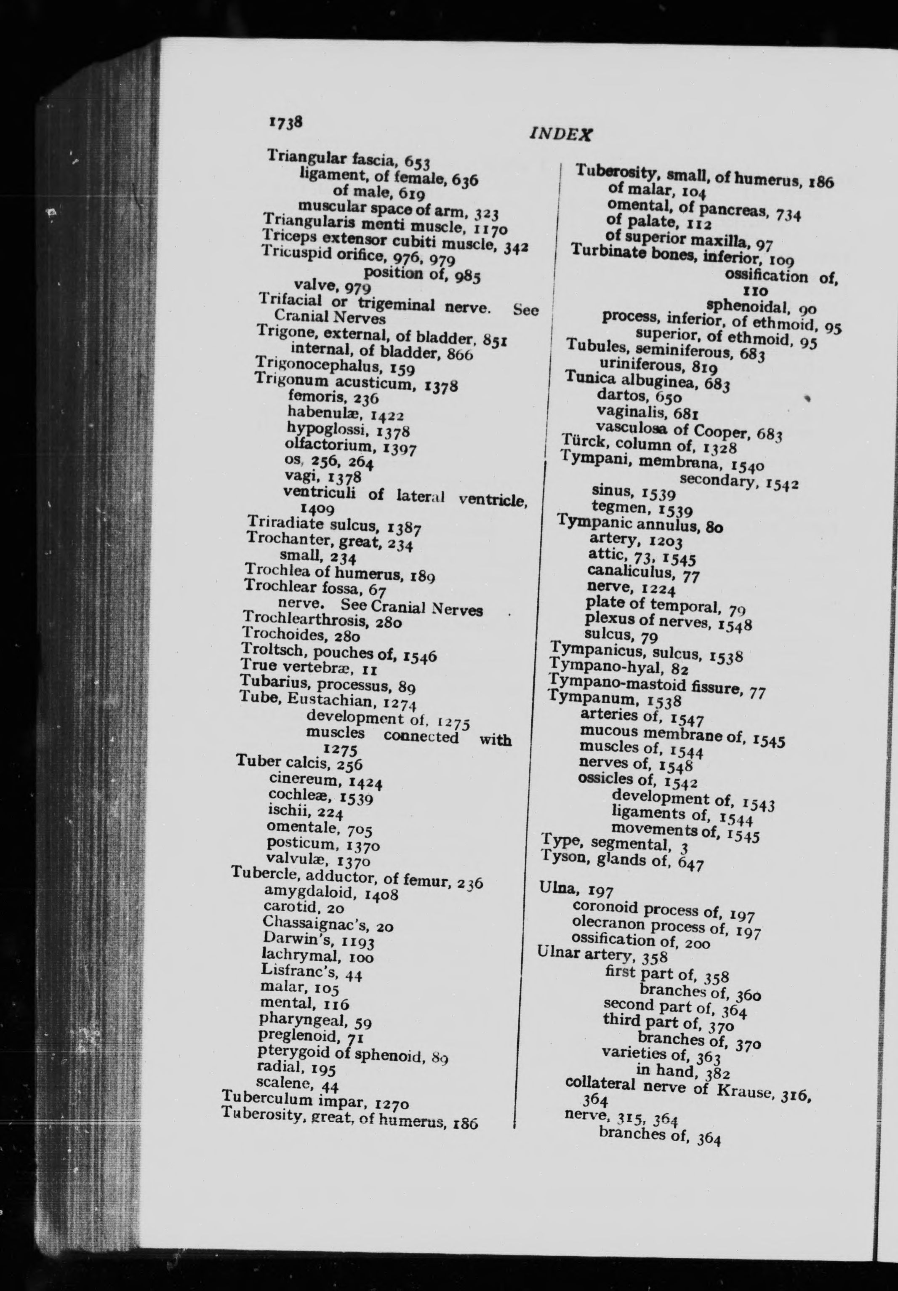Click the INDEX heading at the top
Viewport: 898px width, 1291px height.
561,133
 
